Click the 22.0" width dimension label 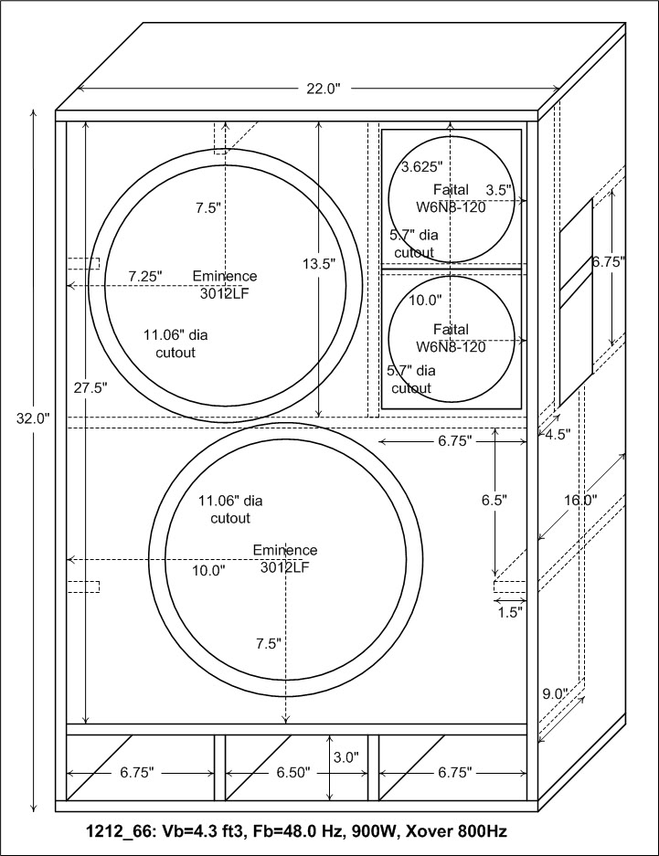coord(324,89)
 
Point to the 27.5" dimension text coord(90,387)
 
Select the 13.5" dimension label coord(319,264)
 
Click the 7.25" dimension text coord(145,276)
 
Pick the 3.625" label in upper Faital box coord(421,166)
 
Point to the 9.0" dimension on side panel coord(556,694)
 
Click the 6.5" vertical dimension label coord(494,500)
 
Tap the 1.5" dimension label coord(511,612)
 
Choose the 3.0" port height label coord(346,757)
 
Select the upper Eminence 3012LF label coord(225,284)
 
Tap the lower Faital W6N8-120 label coord(451,338)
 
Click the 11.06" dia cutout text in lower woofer coord(229,510)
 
